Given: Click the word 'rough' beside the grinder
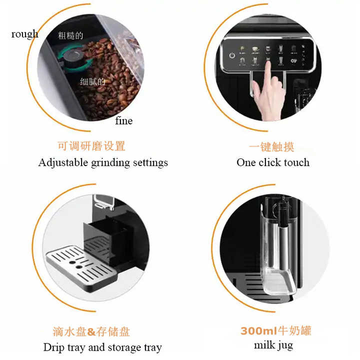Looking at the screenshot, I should [x=24, y=34].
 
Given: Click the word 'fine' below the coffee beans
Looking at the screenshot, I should [x=123, y=120].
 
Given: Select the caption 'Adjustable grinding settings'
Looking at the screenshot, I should [x=103, y=162].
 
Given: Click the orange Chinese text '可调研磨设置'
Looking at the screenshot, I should [x=91, y=146].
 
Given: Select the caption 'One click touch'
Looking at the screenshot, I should [x=273, y=162].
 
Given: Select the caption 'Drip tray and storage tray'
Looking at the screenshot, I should [x=102, y=347].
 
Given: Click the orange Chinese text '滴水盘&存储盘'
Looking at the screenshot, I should [x=91, y=331].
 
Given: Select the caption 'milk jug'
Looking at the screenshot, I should [x=273, y=345].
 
